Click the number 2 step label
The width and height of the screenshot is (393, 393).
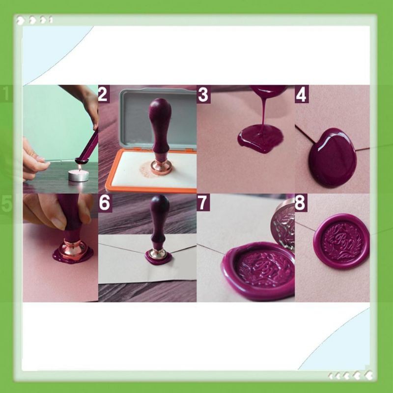coord(103,94)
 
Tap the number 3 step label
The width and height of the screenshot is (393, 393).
coord(203,94)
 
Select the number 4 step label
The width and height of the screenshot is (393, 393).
coord(301,94)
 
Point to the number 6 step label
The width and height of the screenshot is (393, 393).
coord(105,203)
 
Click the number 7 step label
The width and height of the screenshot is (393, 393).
coord(203,203)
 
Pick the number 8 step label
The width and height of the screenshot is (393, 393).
coord(301,203)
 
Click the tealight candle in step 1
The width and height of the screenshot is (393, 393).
coord(78,174)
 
